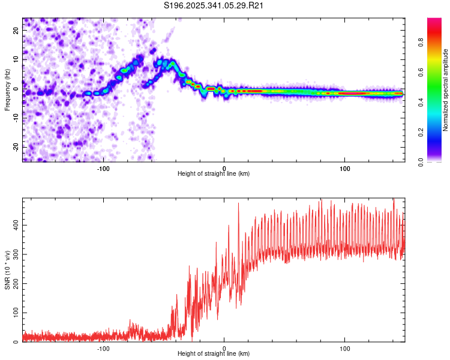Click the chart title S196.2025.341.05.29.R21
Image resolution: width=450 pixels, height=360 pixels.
coord(214,5)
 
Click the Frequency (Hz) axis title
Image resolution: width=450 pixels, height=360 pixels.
coord(7,90)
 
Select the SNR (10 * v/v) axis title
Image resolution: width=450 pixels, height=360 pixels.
coord(7,269)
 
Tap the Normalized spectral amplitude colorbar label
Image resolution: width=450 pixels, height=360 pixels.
coord(446,90)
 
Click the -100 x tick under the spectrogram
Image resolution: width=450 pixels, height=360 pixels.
coord(103,167)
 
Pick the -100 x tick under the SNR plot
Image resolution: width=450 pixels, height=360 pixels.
coord(103,348)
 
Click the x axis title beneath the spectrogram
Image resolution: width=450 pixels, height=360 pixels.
coord(214,173)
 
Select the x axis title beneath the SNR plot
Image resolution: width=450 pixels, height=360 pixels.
coord(214,354)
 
